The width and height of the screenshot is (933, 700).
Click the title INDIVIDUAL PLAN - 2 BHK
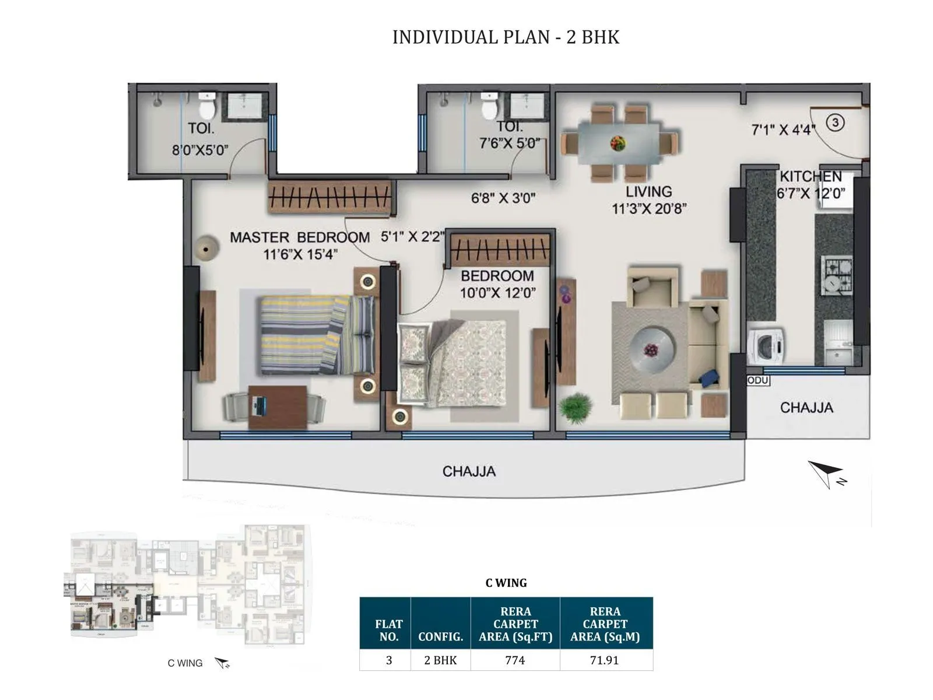pyautogui.click(x=506, y=37)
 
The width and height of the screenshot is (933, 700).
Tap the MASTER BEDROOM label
pyautogui.click(x=299, y=237)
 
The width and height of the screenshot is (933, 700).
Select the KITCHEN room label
pyautogui.click(x=811, y=176)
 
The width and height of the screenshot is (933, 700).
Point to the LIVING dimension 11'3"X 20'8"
pyautogui.click(x=649, y=208)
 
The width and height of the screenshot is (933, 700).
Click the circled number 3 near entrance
pyautogui.click(x=835, y=123)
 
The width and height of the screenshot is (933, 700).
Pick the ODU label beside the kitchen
pyautogui.click(x=758, y=380)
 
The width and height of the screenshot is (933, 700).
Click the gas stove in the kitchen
pyautogui.click(x=837, y=275)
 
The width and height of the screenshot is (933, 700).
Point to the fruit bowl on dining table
pyautogui.click(x=618, y=142)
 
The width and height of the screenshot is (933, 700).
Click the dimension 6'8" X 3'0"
pyautogui.click(x=503, y=198)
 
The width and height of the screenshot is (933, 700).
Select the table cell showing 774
pyautogui.click(x=515, y=660)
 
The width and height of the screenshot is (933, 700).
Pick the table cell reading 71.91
pyautogui.click(x=605, y=660)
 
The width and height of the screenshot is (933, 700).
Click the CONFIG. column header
pyautogui.click(x=440, y=636)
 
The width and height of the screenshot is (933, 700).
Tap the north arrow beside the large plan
pyautogui.click(x=827, y=473)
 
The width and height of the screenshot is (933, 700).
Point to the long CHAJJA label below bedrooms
pyautogui.click(x=469, y=471)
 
